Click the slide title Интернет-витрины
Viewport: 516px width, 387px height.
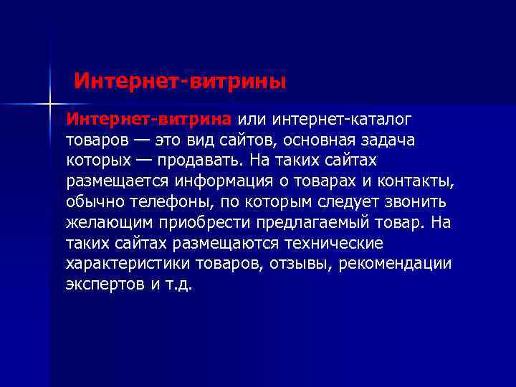(x=180, y=80)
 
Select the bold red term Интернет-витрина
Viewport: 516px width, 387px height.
(x=148, y=118)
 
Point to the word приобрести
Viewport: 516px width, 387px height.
(x=194, y=221)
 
